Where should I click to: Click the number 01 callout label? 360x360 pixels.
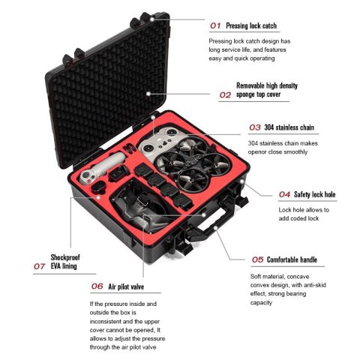[215, 25]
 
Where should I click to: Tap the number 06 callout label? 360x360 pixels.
[97, 286]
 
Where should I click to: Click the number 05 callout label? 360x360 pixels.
[257, 259]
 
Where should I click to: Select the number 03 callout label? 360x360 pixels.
[254, 128]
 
